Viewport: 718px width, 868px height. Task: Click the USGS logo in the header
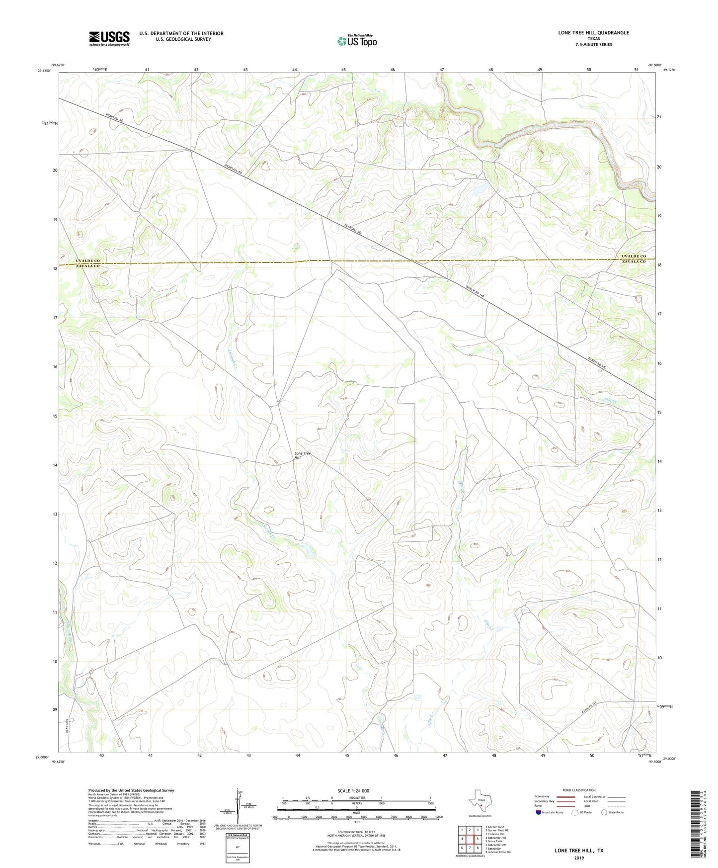coord(109,38)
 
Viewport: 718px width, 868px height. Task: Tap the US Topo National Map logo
coord(356,40)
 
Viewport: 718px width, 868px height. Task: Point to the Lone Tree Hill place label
coord(302,455)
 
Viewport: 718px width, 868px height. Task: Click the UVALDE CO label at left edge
coord(88,261)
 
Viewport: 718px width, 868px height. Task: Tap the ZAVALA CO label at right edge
coord(634,261)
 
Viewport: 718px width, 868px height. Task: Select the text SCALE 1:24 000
coord(353,791)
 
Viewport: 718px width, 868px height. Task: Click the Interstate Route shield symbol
coord(539,812)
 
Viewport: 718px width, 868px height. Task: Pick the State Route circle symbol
coord(604,812)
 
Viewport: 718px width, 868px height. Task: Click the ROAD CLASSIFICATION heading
coord(579,790)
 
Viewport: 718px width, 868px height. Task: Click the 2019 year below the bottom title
coord(579,858)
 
